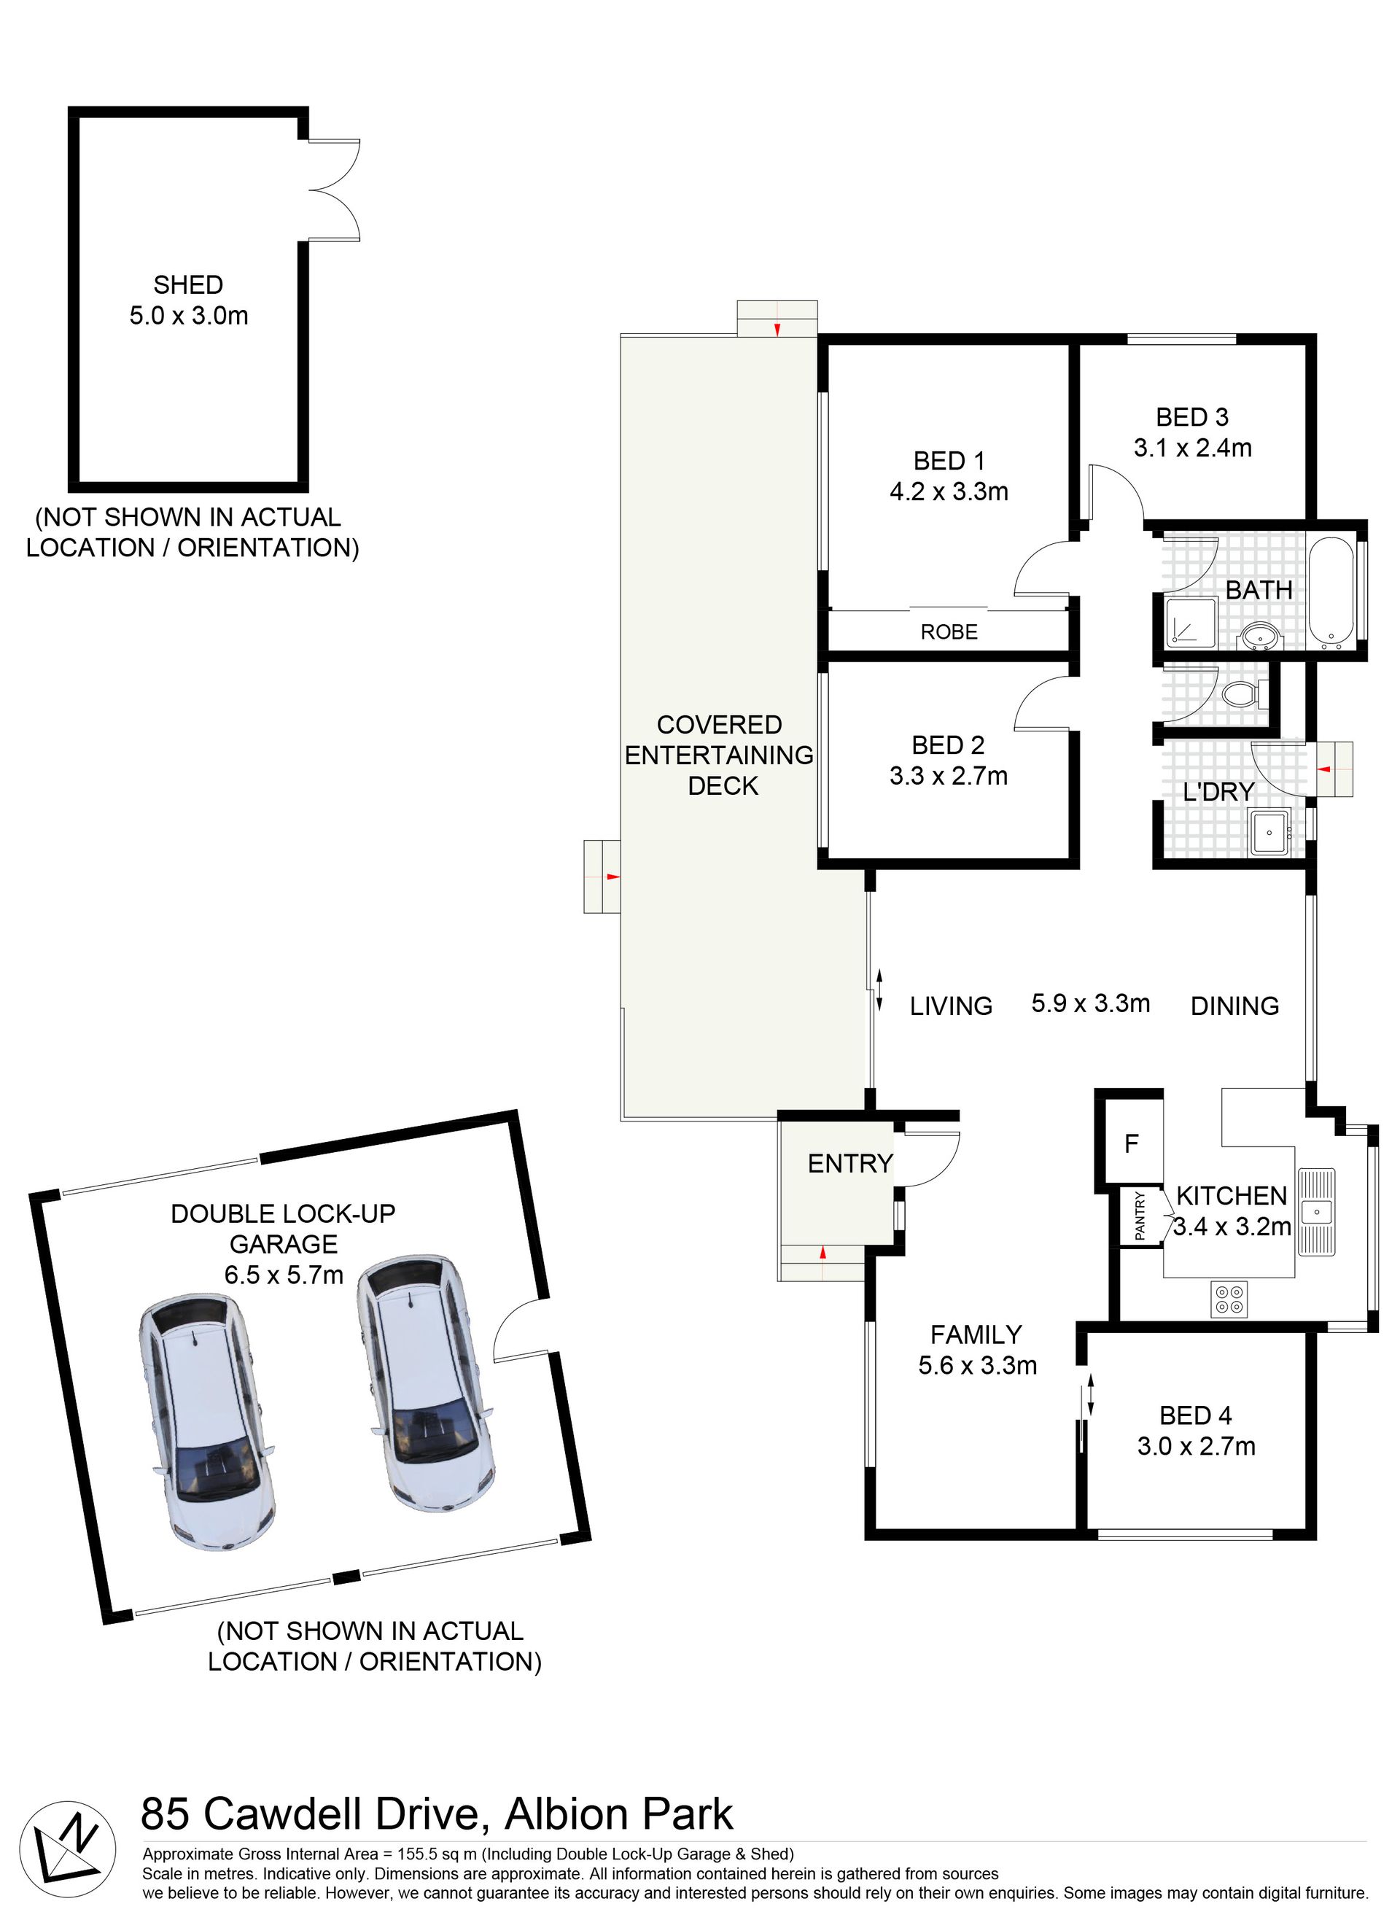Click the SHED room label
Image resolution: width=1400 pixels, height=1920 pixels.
point(188,284)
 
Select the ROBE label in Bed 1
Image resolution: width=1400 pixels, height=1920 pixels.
point(949,632)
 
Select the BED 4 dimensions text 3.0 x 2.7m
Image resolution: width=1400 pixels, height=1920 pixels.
point(1196,1445)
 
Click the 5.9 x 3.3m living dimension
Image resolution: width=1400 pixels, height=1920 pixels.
point(1091,1003)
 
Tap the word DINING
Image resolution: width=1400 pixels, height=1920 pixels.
point(1234,1006)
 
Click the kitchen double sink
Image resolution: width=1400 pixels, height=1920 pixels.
point(1316,1212)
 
